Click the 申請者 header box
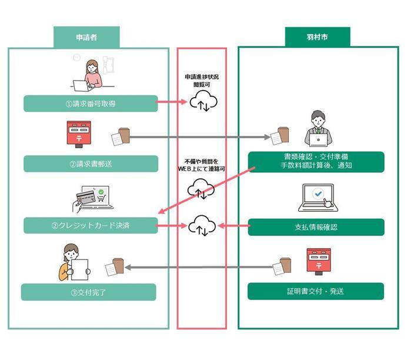[x=86, y=36]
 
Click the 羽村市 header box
[x=318, y=36]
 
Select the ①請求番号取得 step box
[x=91, y=104]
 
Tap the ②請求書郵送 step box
[x=91, y=164]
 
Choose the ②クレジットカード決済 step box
[x=91, y=225]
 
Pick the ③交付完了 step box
[x=89, y=292]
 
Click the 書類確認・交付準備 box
[x=316, y=161]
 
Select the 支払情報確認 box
[x=316, y=227]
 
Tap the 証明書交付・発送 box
[x=316, y=291]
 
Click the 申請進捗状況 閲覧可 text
[x=202, y=81]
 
